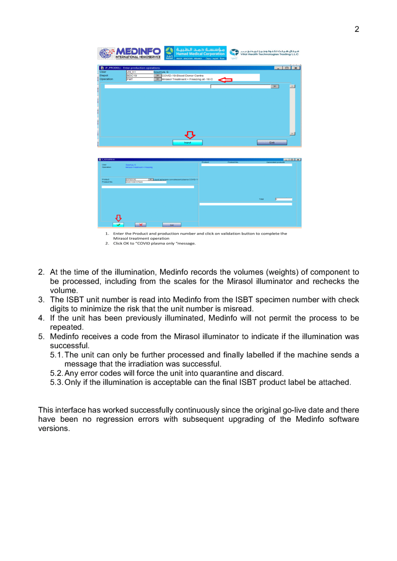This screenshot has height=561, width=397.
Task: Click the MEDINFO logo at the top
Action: pos(129,53)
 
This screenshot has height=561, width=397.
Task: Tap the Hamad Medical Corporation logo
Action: pos(196,53)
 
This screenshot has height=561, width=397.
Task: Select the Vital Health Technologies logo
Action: pos(264,53)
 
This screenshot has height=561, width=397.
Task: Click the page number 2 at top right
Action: pos(356,29)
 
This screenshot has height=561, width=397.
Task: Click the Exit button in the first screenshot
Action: pos(271,142)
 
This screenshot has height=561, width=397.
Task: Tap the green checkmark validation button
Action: pos(119,224)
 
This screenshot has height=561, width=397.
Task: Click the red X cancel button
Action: pos(140,224)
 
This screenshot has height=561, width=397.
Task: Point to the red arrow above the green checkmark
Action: pos(118,217)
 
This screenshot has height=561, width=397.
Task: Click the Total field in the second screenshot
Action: pos(284,199)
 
